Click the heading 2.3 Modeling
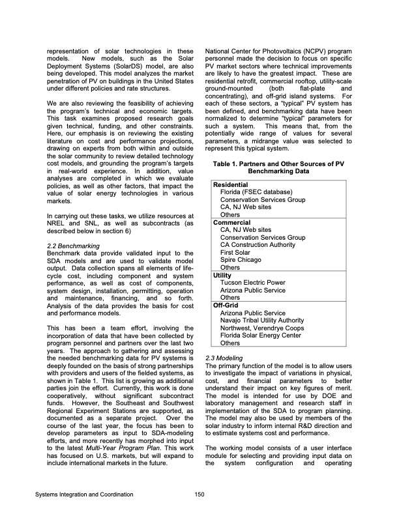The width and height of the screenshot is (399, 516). click(225, 358)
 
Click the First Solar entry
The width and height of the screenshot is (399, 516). click(236, 252)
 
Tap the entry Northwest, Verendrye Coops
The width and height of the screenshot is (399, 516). click(261, 328)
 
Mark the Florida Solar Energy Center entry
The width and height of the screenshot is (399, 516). click(261, 335)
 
